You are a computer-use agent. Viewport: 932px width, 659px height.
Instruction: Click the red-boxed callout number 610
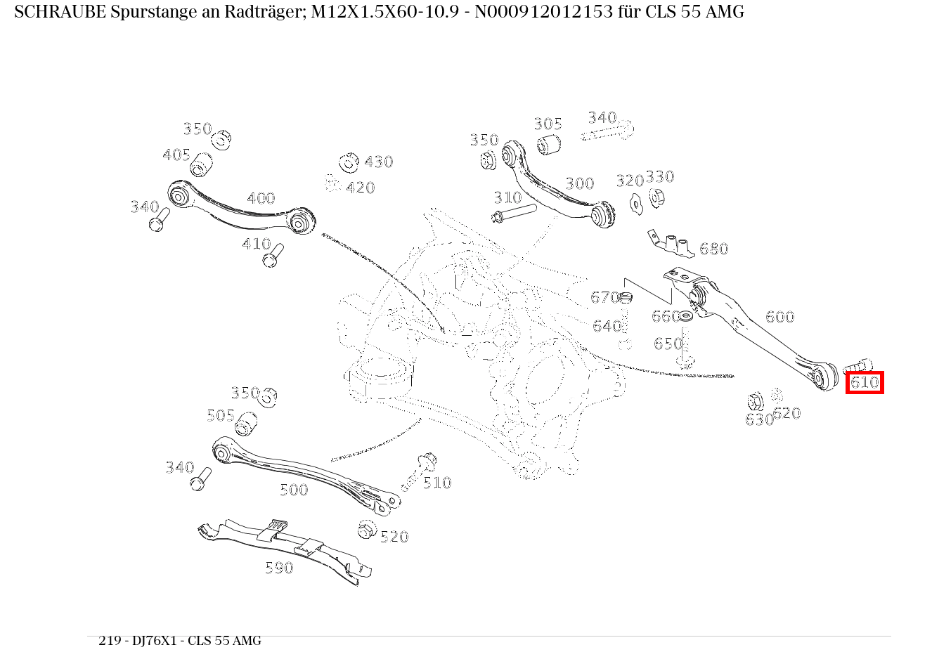tap(865, 382)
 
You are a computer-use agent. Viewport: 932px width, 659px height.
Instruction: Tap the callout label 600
tap(779, 317)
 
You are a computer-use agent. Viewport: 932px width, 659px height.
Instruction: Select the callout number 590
tap(279, 568)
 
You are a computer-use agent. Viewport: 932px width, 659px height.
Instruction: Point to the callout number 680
tap(714, 249)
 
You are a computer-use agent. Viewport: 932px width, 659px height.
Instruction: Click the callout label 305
tap(548, 124)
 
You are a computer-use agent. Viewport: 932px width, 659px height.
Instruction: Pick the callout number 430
tap(379, 162)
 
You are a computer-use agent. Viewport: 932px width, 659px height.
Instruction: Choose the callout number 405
tap(176, 155)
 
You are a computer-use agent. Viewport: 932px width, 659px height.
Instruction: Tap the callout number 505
tap(221, 415)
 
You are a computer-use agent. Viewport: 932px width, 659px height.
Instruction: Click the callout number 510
tap(437, 483)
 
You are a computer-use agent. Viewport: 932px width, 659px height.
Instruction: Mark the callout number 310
tap(507, 197)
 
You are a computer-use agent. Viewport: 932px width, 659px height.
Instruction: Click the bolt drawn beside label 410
tap(273, 255)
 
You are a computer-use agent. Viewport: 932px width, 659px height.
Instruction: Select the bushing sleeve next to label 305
tap(548, 144)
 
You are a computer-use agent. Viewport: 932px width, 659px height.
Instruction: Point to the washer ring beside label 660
tap(685, 317)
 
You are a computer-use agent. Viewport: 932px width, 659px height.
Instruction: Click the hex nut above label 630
tap(755, 402)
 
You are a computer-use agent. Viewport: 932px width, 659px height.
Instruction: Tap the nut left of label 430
tap(349, 162)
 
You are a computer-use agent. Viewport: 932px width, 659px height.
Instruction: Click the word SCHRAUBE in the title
tap(60, 12)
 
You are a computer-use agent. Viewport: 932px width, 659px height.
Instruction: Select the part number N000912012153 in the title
tap(544, 12)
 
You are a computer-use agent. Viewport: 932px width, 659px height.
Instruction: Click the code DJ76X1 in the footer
tap(155, 640)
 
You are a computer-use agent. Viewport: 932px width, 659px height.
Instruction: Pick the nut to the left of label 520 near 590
tap(367, 529)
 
